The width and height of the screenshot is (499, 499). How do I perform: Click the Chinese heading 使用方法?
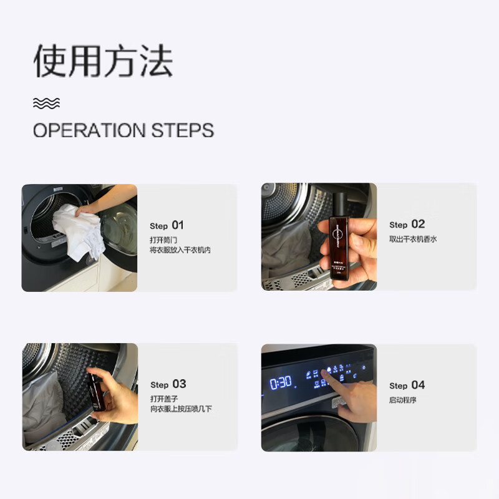pyautogui.click(x=103, y=62)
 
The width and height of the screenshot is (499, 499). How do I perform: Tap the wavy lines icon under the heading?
pyautogui.click(x=47, y=103)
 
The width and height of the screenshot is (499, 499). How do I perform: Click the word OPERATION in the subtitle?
pyautogui.click(x=89, y=130)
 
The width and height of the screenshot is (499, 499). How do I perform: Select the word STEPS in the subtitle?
pyautogui.click(x=183, y=130)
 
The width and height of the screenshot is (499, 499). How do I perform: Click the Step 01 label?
pyautogui.click(x=167, y=225)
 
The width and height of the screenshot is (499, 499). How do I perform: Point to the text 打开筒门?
pyautogui.click(x=163, y=240)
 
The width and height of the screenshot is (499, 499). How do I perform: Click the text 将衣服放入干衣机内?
pyautogui.click(x=180, y=250)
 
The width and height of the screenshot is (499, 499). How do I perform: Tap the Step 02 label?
pyautogui.click(x=407, y=225)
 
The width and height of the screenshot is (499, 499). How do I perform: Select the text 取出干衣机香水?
pyautogui.click(x=413, y=240)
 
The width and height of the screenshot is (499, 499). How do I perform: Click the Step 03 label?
pyautogui.click(x=168, y=384)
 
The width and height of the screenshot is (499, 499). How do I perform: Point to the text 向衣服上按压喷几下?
pyautogui.click(x=181, y=409)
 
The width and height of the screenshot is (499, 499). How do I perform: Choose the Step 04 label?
pyautogui.click(x=407, y=385)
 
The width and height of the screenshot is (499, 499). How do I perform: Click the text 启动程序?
pyautogui.click(x=402, y=400)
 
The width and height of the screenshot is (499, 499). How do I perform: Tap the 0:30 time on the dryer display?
pyautogui.click(x=281, y=382)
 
